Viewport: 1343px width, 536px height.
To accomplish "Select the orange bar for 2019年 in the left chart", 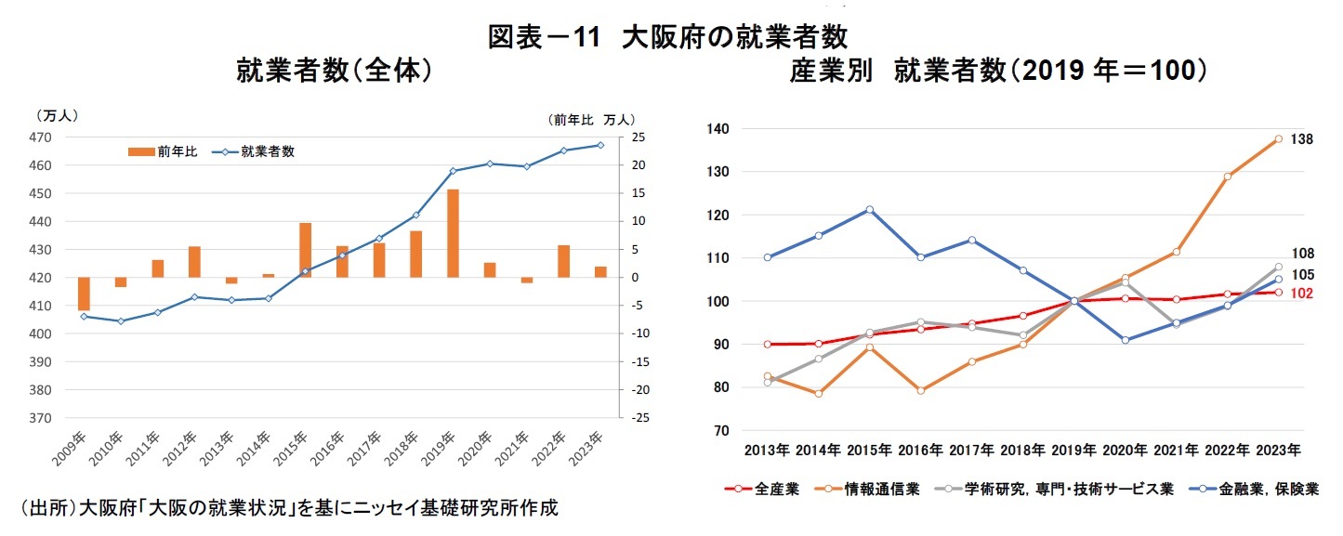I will pyautogui.click(x=453, y=233).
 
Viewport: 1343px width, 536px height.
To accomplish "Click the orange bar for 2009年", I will pyautogui.click(x=84, y=294).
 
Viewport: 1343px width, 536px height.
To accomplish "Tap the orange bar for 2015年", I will pyautogui.click(x=305, y=250).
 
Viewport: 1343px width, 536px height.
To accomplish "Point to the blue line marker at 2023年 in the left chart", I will pyautogui.click(x=600, y=145).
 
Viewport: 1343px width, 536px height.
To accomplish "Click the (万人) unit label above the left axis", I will pyautogui.click(x=56, y=116).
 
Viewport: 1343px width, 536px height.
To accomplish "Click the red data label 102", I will pyautogui.click(x=1300, y=294).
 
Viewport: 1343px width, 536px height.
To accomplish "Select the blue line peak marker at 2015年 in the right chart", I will pyautogui.click(x=869, y=210).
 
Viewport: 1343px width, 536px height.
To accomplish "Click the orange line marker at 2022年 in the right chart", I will pyautogui.click(x=1227, y=176).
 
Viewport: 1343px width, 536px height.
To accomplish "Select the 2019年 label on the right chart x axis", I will pyautogui.click(x=1073, y=450).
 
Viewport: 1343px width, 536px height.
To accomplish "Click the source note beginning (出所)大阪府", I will pyautogui.click(x=288, y=508).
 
